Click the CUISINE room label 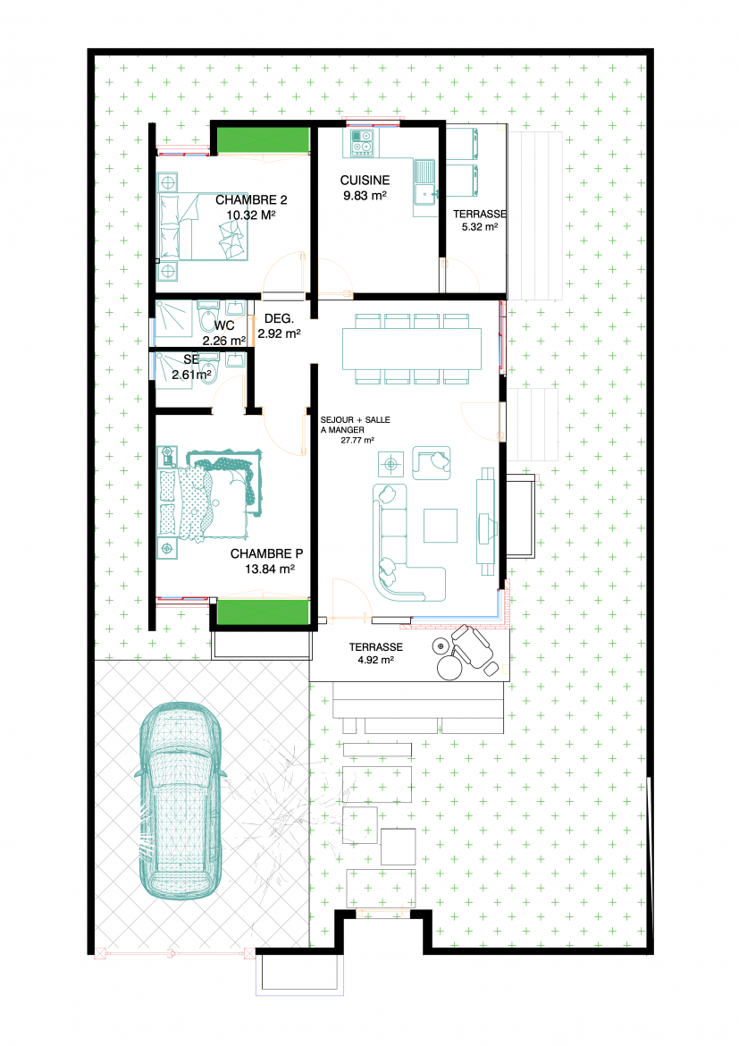pos(365,180)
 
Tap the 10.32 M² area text pos(251,215)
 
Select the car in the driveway pos(180,800)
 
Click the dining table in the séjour pos(412,349)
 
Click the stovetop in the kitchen pos(362,141)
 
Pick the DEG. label pos(279,319)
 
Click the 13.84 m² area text pos(270,569)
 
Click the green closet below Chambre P pos(263,612)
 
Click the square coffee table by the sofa pos(441,526)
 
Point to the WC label pos(224,325)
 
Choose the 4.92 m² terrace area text pos(375,660)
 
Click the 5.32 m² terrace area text pos(480,227)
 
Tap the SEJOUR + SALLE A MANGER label pos(355,425)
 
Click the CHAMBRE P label pos(267,553)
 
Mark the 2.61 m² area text pos(191,375)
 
